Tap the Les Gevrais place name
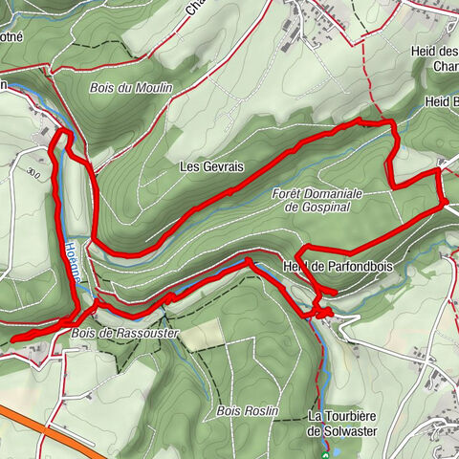click(211, 166)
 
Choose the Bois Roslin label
click(247, 410)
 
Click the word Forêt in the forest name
click(288, 193)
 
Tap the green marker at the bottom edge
click(327, 456)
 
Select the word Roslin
click(259, 410)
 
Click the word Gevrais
click(223, 166)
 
